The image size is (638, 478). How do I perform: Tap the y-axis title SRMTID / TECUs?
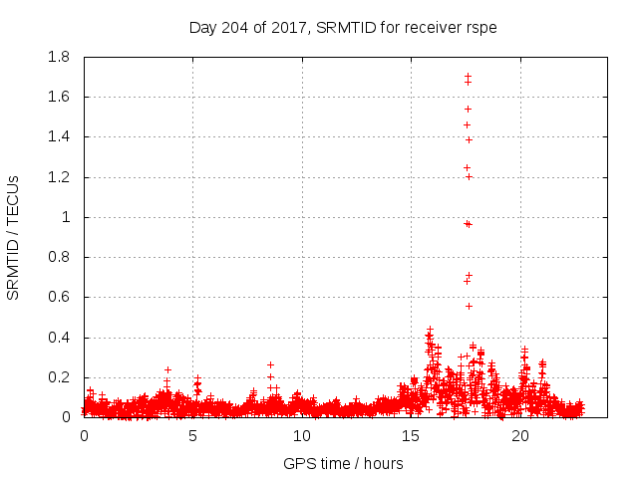click(x=13, y=237)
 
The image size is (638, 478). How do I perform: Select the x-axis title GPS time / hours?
click(x=343, y=463)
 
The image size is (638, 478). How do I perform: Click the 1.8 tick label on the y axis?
click(x=59, y=57)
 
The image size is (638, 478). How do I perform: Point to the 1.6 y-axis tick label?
click(x=59, y=97)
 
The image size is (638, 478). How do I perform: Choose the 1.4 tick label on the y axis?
click(x=59, y=136)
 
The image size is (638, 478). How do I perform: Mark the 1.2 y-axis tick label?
click(x=59, y=177)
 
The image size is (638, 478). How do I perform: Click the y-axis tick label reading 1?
click(x=67, y=217)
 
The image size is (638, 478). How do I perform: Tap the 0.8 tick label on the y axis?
click(x=59, y=257)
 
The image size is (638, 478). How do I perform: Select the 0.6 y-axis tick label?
click(x=59, y=297)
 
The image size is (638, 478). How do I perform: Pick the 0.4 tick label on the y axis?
click(x=59, y=338)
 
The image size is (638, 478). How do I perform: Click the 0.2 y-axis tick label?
click(x=59, y=377)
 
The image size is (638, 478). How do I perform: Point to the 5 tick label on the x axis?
click(x=193, y=436)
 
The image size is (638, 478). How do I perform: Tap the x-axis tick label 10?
click(x=302, y=436)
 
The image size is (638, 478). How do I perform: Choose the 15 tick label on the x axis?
click(x=412, y=436)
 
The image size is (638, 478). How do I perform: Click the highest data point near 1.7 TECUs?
click(x=468, y=76)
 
